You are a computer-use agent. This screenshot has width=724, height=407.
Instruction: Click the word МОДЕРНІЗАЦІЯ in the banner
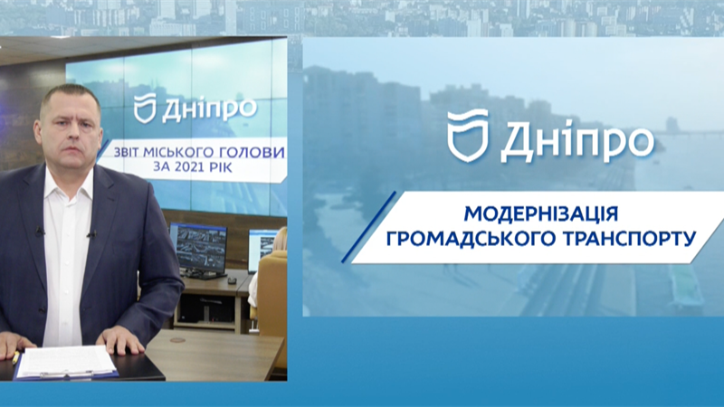[540, 214]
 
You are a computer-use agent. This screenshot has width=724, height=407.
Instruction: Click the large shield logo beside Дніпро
[467, 135]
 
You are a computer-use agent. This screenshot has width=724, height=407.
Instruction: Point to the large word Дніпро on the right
[577, 138]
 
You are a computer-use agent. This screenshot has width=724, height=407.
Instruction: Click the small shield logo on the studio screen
[145, 108]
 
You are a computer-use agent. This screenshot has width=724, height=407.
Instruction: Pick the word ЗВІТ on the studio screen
[126, 152]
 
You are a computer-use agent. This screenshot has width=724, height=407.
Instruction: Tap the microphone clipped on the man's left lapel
[92, 235]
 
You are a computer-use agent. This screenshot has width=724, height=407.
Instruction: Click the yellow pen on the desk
[15, 357]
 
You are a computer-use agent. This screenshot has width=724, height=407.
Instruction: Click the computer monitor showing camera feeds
[198, 248]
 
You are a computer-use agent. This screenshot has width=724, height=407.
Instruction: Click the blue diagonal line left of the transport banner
[368, 227]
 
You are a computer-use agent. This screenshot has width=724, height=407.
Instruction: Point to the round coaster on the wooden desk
[177, 341]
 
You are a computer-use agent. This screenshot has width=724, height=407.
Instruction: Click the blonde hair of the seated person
[280, 239]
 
